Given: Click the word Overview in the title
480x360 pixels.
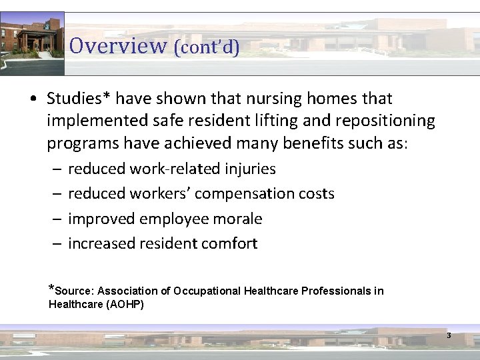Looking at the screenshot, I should [117, 46].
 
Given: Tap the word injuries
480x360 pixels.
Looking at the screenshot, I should [250, 169].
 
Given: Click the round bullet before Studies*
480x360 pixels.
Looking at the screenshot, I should [33, 99].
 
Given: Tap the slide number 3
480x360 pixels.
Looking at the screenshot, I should [449, 335].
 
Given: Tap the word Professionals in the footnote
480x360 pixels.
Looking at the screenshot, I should [337, 291].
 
